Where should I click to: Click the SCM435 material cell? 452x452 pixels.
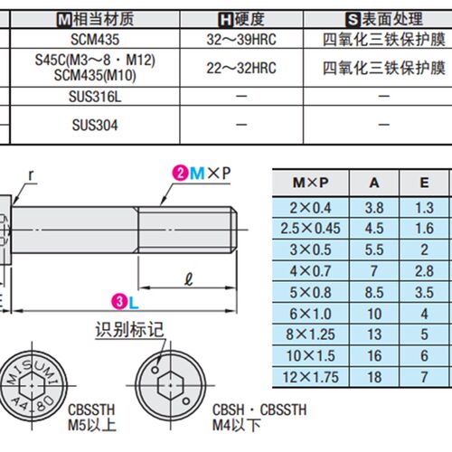(95, 39)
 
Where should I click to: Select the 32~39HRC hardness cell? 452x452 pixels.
(241, 40)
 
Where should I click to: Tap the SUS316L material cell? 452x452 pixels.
(95, 97)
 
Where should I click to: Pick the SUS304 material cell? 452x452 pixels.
(95, 125)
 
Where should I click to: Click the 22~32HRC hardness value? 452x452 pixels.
(241, 68)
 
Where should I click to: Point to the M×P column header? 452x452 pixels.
(311, 183)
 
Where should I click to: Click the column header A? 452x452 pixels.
(374, 183)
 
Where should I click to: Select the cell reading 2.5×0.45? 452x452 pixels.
(311, 229)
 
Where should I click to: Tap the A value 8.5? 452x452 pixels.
(374, 292)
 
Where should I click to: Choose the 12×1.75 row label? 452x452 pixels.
(311, 377)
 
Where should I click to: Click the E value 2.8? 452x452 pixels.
(424, 271)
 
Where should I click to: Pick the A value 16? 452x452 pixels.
(374, 356)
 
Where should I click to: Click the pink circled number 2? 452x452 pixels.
(181, 173)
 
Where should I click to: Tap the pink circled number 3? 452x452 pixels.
(119, 302)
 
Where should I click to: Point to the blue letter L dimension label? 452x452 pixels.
(134, 303)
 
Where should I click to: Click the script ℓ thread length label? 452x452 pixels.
(188, 279)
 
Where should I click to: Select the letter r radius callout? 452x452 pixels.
(31, 175)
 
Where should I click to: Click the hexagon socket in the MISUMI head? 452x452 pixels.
(32, 385)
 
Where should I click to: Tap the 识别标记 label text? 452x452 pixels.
(129, 329)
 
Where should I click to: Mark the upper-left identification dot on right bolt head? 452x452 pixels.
(155, 370)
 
